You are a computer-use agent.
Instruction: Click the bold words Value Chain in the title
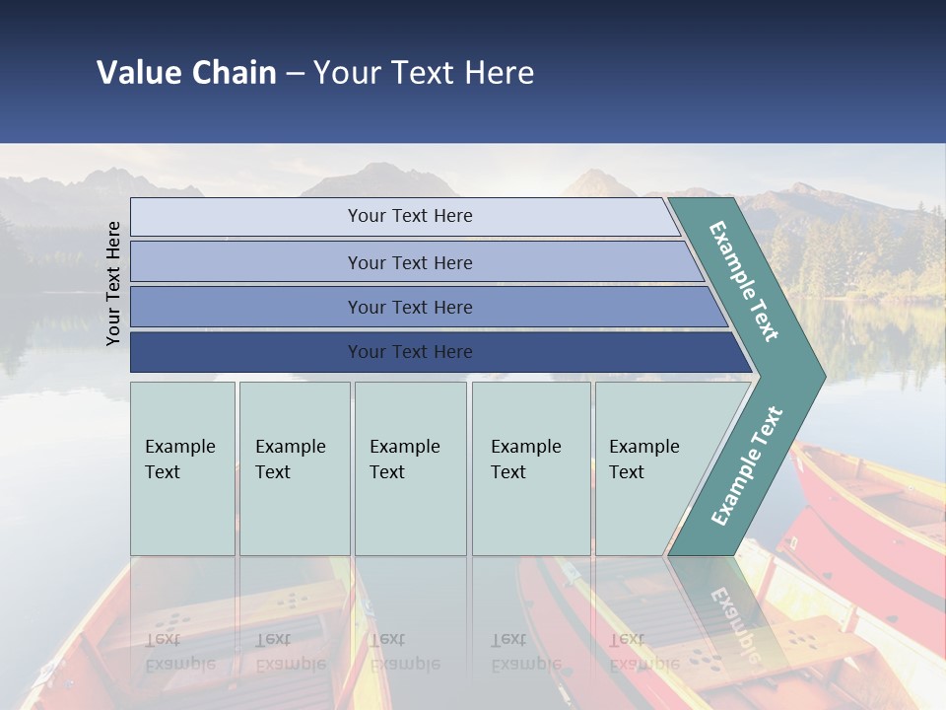click(186, 73)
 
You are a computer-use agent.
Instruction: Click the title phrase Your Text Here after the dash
click(424, 73)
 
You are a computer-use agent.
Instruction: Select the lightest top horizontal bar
click(246, 217)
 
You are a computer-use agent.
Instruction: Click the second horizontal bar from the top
click(246, 262)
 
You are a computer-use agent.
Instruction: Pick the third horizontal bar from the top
click(246, 307)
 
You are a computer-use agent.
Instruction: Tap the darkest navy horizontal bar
click(246, 352)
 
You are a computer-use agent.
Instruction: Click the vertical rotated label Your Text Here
click(113, 283)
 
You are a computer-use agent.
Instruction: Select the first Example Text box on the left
click(182, 468)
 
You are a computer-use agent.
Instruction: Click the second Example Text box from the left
click(295, 468)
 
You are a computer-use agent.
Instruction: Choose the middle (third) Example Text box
click(410, 468)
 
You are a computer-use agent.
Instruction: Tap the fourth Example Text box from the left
click(531, 468)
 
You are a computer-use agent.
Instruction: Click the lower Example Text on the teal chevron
click(747, 465)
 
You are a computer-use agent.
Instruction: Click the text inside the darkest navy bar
click(410, 352)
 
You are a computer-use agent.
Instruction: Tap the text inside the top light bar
click(410, 216)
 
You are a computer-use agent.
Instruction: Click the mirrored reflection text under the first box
click(179, 652)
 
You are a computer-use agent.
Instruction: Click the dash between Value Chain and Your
click(295, 74)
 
